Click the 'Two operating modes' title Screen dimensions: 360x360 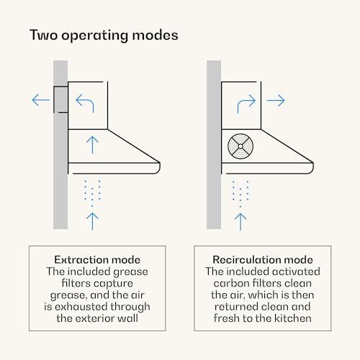pyautogui.click(x=104, y=35)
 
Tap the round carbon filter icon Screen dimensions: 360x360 pyautogui.click(x=240, y=146)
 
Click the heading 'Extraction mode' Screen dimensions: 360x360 pyautogui.click(x=97, y=260)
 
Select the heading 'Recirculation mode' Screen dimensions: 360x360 pyautogui.click(x=263, y=260)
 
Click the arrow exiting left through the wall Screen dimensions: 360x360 pyautogui.click(x=41, y=100)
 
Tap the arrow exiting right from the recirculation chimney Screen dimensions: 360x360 pyautogui.click(x=276, y=100)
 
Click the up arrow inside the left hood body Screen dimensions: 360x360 pyautogui.click(x=92, y=145)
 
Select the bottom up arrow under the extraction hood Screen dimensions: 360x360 pyautogui.click(x=92, y=221)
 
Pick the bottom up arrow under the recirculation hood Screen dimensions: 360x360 pyautogui.click(x=240, y=222)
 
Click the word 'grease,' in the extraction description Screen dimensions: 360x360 pyautogui.click(x=68, y=295)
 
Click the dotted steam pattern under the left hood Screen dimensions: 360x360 pyautogui.click(x=92, y=193)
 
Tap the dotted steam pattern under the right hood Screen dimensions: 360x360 pyautogui.click(x=240, y=194)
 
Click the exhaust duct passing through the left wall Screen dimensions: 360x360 pyautogui.click(x=60, y=99)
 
